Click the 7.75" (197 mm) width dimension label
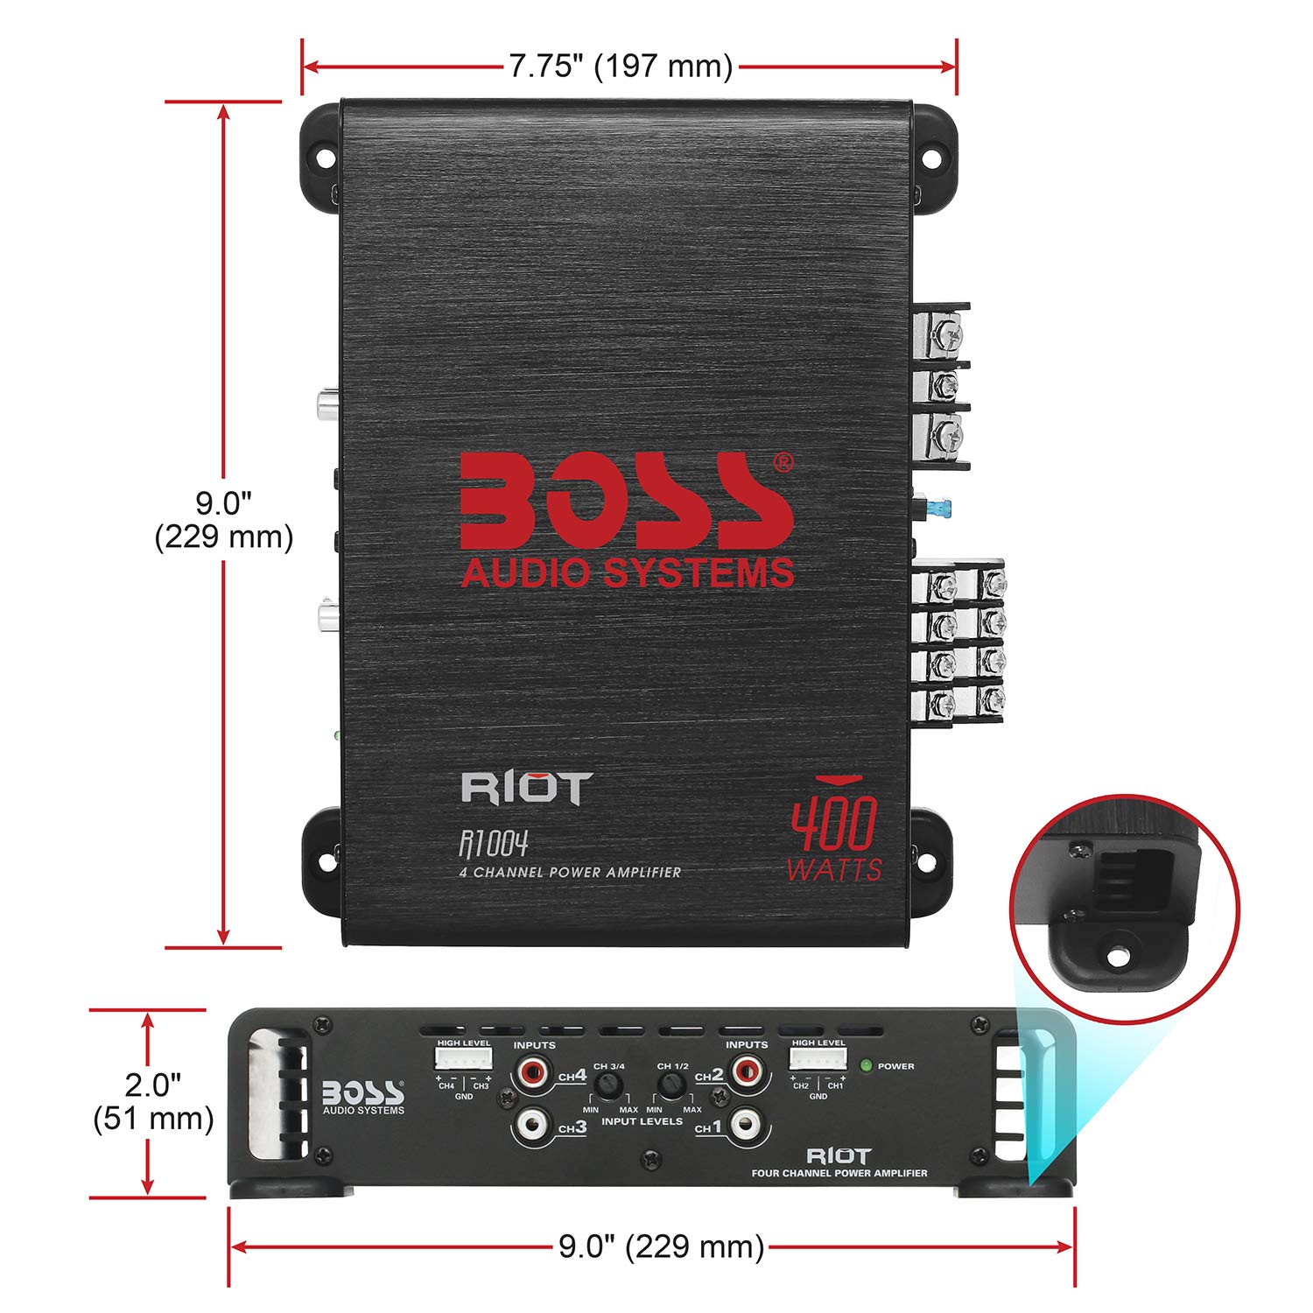[x=621, y=66]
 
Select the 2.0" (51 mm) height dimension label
[x=153, y=1101]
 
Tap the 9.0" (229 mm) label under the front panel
[x=661, y=1246]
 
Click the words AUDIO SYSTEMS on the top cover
[x=627, y=572]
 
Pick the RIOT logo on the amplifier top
[x=527, y=788]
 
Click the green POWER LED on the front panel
[x=866, y=1065]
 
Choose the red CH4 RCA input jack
[x=531, y=1071]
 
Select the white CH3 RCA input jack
[x=531, y=1123]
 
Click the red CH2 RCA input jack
[x=746, y=1070]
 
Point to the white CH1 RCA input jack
[x=746, y=1123]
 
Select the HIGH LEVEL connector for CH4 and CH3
[x=463, y=1059]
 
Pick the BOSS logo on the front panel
[x=363, y=1094]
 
